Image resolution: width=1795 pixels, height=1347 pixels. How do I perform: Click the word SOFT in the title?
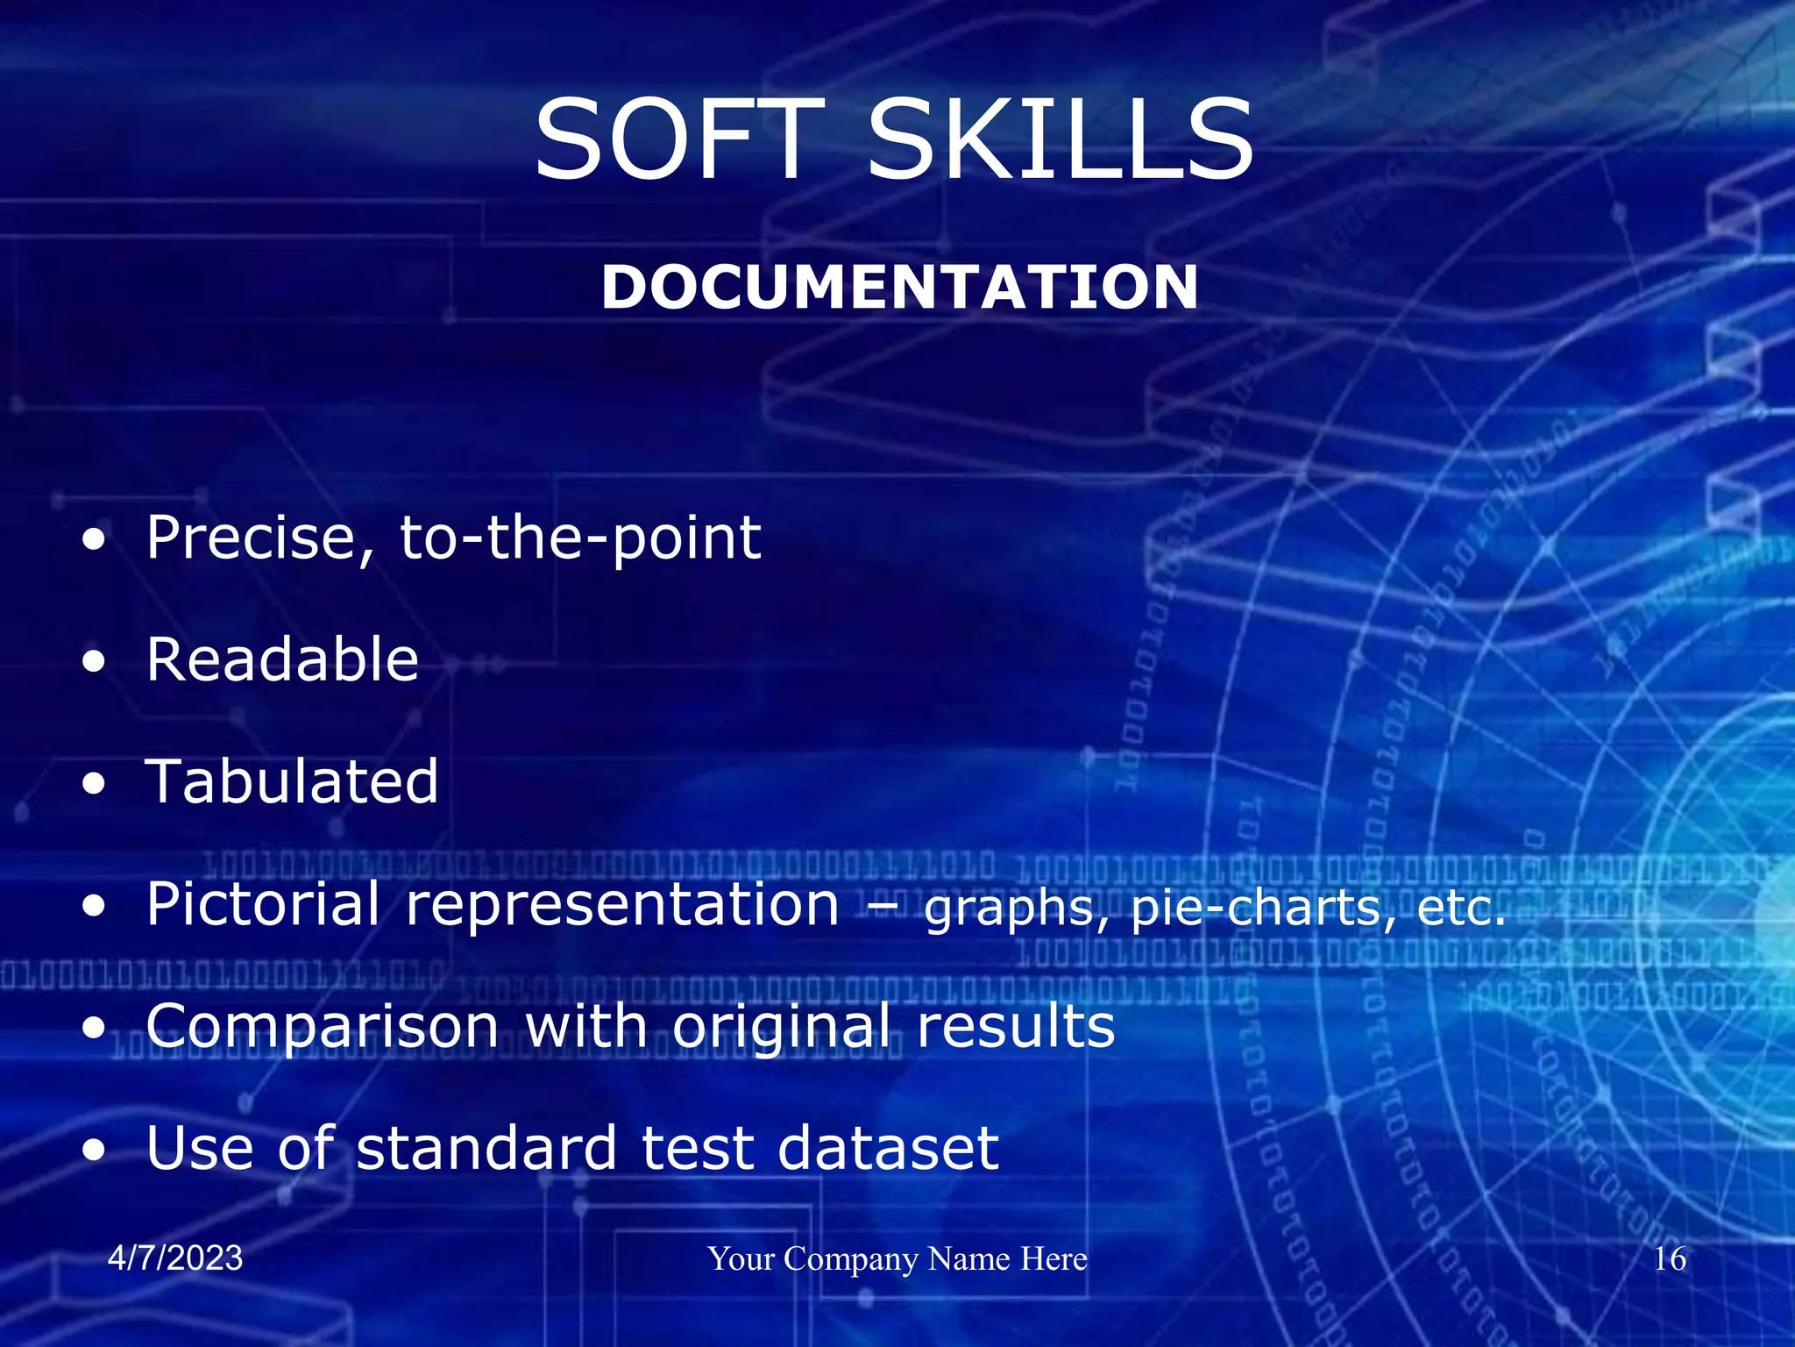pos(679,140)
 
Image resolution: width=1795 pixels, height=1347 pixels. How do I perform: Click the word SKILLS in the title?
pos(1061,140)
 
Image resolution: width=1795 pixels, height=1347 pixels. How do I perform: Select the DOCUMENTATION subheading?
pos(899,288)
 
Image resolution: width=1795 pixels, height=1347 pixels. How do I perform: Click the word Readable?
pos(282,659)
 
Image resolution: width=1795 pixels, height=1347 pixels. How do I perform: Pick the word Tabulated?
pos(292,781)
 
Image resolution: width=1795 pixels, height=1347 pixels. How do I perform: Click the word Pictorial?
pos(263,904)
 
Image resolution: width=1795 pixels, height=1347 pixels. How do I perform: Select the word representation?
pos(622,906)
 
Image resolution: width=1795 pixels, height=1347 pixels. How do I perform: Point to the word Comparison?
pos(323,1026)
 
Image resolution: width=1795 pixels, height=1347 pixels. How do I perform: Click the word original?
pos(781,1028)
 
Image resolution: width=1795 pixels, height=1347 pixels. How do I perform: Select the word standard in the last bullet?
pos(486,1148)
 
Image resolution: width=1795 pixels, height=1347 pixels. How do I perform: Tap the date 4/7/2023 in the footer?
pos(175,1258)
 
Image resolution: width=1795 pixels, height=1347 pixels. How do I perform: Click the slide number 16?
pos(1669,1259)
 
